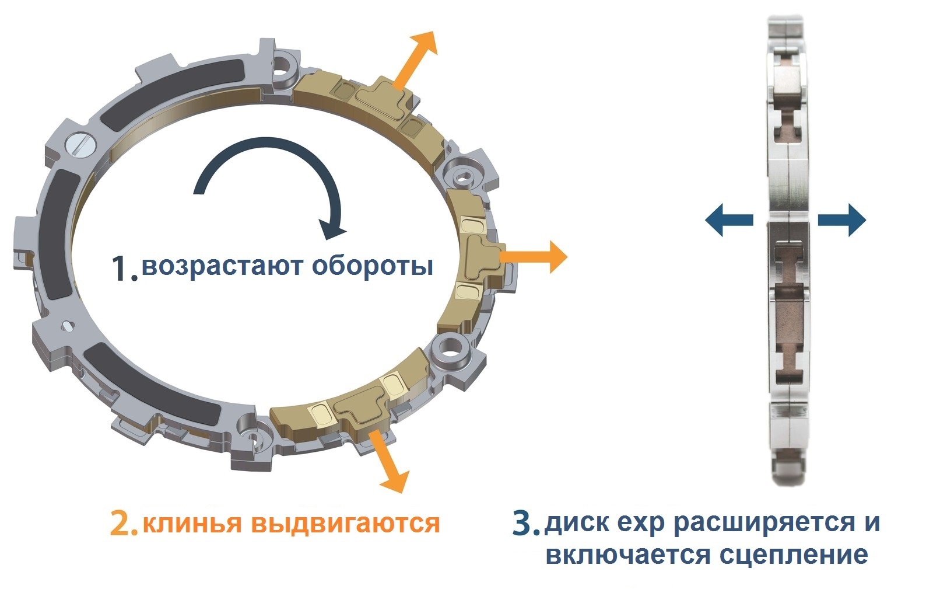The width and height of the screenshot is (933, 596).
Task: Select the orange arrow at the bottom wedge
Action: (x=390, y=461)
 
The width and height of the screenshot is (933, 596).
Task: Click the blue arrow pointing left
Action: (x=728, y=220)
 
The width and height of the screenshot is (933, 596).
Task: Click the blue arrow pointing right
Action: (x=842, y=220)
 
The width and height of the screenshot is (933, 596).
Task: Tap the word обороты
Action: (x=373, y=267)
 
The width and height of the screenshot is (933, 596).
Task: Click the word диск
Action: (x=573, y=521)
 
